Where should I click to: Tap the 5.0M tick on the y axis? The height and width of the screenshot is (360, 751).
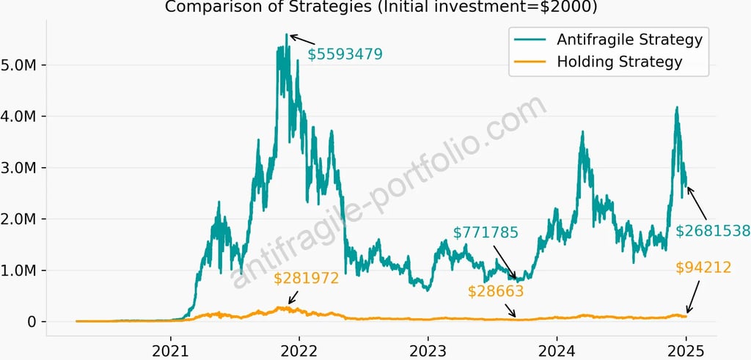[23, 65]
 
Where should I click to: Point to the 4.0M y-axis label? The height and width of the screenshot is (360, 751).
[23, 117]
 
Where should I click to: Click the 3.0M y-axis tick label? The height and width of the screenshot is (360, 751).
[23, 168]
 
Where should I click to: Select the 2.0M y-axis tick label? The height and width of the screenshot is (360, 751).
[23, 219]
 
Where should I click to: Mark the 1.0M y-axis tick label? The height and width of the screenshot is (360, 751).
[23, 271]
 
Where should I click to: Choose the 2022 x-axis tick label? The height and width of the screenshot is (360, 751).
[300, 349]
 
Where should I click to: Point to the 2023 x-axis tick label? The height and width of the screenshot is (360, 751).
[428, 349]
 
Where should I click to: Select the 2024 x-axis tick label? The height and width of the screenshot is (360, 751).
[557, 349]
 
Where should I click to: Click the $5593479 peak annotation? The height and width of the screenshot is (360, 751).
[345, 54]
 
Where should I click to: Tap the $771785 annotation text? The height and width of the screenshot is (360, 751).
[486, 233]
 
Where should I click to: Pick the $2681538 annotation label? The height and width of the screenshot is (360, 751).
[712, 231]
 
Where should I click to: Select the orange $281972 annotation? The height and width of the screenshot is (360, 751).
[307, 279]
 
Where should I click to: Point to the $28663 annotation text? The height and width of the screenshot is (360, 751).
[496, 291]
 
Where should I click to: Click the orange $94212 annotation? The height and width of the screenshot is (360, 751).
[703, 268]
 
